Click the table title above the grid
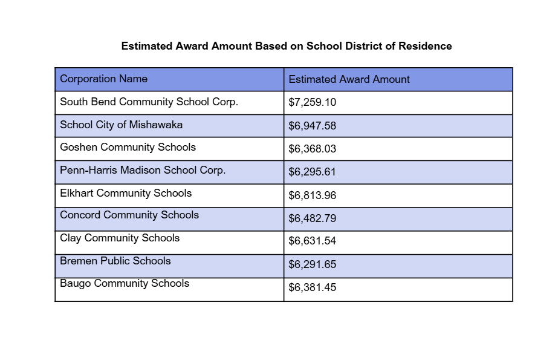[x=287, y=46]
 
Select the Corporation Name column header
[x=104, y=79]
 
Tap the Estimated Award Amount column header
[x=349, y=79]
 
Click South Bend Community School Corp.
[x=149, y=102]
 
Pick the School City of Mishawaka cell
[x=121, y=125]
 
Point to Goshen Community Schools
[x=128, y=147]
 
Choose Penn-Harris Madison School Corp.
[x=143, y=170]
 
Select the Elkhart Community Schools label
[x=126, y=193]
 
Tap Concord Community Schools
[x=129, y=215]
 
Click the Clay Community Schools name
[x=120, y=238]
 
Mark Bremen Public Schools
[x=115, y=261]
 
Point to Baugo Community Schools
[x=125, y=283]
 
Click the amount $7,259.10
[x=313, y=103]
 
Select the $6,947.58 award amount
[x=313, y=126]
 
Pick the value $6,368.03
[x=313, y=149]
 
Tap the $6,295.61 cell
[x=312, y=172]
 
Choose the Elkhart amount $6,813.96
[x=313, y=195]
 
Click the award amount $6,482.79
[x=313, y=218]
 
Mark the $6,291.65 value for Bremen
[x=313, y=264]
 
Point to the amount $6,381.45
[x=313, y=287]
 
